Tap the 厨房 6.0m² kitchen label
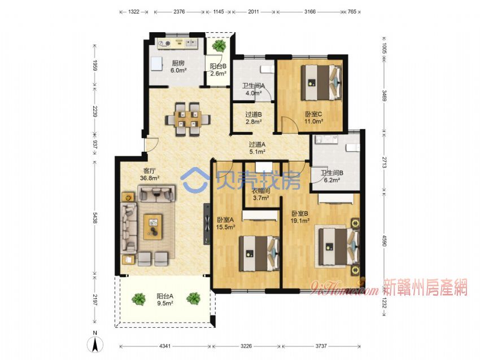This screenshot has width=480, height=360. point(178,67)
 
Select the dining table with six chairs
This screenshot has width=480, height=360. point(187,118)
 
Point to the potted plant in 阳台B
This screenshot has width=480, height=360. point(219,46)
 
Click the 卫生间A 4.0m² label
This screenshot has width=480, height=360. point(254,89)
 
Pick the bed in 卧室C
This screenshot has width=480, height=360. point(321,82)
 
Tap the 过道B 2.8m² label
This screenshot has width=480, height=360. point(253,118)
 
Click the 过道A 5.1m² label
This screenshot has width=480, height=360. point(256,147)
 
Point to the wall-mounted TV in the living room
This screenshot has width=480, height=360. point(207,224)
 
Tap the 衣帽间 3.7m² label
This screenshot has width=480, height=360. point(261,194)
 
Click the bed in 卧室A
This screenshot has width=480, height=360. point(259,253)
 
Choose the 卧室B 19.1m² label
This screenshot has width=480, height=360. point(300,217)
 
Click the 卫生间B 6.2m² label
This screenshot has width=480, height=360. point(332,177)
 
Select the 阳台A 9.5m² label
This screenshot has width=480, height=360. point(165,300)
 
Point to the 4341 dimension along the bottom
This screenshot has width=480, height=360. point(165,346)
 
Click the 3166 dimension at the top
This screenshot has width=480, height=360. point(310,12)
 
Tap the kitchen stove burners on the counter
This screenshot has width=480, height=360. point(164,44)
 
